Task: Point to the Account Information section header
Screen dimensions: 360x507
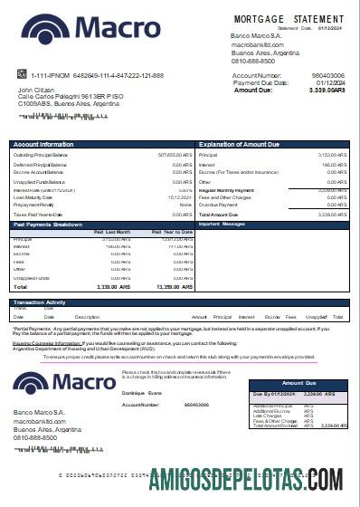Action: point(44,145)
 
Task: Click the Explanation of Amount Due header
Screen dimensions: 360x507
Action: point(242,145)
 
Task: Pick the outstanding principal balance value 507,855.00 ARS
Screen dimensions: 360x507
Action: point(175,155)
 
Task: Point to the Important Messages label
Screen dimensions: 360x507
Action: point(222,224)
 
